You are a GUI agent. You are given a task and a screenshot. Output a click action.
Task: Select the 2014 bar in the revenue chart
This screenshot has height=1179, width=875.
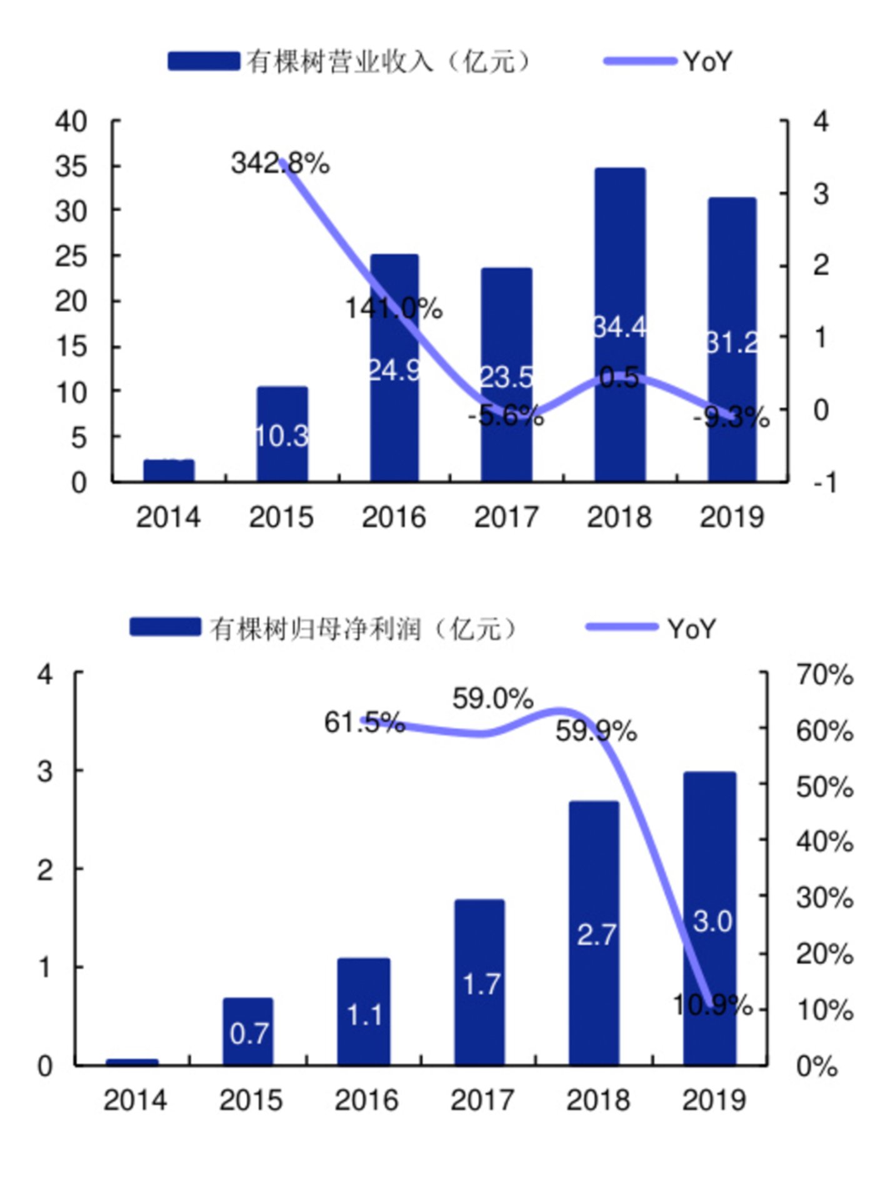pos(169,470)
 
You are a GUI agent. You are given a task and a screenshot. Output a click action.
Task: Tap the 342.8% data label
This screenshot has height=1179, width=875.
pos(280,164)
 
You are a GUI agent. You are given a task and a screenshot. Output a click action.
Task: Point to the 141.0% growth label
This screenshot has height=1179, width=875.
pos(394,308)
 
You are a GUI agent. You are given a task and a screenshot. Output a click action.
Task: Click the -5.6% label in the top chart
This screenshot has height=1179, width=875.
pos(506,415)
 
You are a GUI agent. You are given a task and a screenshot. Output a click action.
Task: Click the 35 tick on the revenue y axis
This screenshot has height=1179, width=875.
pos(71,166)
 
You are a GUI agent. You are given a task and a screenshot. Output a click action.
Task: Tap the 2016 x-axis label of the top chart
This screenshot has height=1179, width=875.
pos(394,518)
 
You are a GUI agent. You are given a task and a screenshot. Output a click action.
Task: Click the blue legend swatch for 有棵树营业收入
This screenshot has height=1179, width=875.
pos(204,61)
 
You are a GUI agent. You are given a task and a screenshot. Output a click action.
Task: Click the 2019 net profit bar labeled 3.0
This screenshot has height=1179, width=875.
pos(709,863)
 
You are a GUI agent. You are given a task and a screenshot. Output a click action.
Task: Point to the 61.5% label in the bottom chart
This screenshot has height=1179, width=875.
pos(364,723)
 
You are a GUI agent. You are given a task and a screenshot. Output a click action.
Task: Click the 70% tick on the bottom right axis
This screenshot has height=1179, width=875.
pos(824,675)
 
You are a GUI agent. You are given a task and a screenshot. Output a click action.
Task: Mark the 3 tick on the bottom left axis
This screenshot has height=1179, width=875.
pos(45,771)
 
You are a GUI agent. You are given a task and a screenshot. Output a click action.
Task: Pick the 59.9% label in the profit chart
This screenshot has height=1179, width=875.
pos(596,731)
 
